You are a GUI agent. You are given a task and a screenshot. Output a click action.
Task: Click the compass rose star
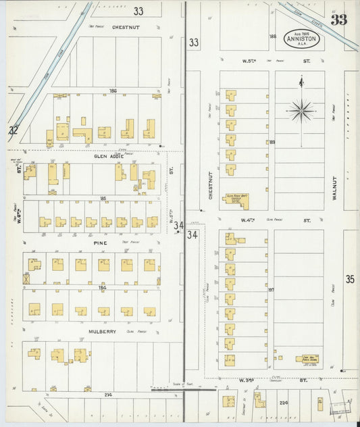(x=301, y=110)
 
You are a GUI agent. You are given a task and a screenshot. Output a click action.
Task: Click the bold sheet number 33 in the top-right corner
(x=338, y=20)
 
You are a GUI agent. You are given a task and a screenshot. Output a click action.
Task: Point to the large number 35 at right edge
(x=350, y=278)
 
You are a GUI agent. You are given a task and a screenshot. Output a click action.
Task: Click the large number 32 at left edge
(x=14, y=130)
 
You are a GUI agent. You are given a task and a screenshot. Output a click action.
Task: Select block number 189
(x=272, y=143)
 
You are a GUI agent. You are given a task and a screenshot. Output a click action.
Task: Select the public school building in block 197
(x=307, y=359)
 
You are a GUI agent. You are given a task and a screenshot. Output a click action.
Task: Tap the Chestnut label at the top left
(x=126, y=28)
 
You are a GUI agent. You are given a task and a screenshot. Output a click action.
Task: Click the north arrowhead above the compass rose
(x=301, y=80)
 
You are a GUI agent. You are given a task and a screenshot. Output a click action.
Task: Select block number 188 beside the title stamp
(x=273, y=36)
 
